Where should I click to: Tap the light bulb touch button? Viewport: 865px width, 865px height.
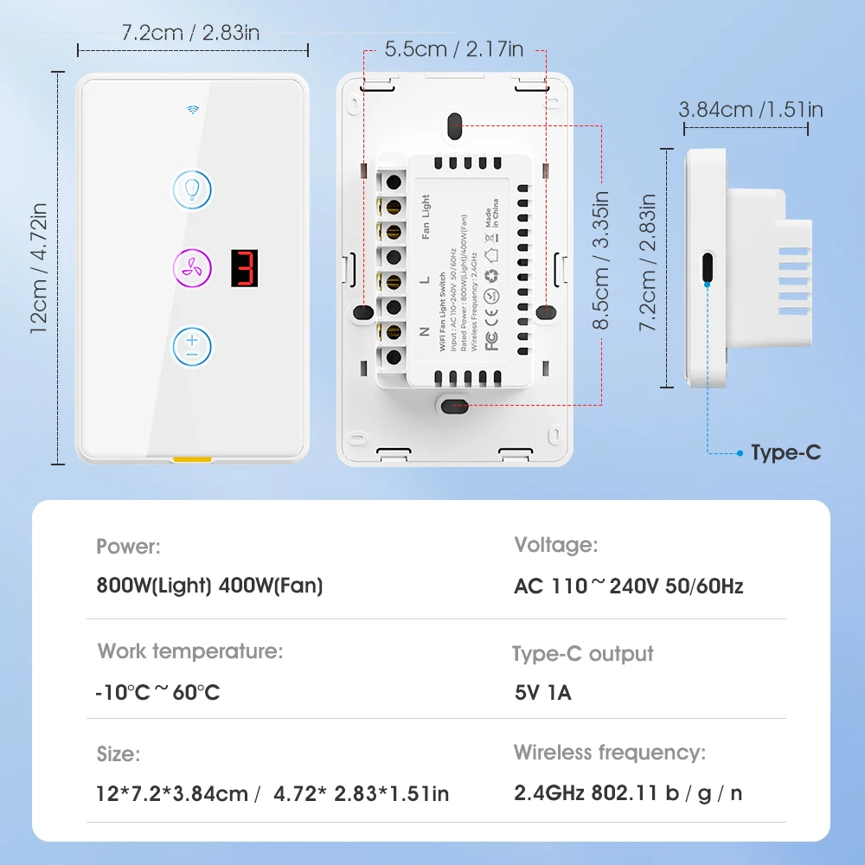pyautogui.click(x=192, y=189)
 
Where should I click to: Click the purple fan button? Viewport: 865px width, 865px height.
pyautogui.click(x=192, y=267)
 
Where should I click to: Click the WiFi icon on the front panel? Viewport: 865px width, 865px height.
pyautogui.click(x=192, y=110)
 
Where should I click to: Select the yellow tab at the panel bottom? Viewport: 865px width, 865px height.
pyautogui.click(x=192, y=460)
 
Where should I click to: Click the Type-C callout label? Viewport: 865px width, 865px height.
pyautogui.click(x=785, y=452)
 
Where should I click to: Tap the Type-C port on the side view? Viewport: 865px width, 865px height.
pyautogui.click(x=708, y=267)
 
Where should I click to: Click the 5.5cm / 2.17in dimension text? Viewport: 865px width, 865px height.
pyautogui.click(x=454, y=49)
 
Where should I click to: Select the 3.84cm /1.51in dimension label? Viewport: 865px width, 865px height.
pyautogui.click(x=750, y=109)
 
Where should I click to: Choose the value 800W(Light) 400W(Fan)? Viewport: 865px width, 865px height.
pyautogui.click(x=209, y=586)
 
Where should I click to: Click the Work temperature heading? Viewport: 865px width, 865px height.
pyautogui.click(x=190, y=650)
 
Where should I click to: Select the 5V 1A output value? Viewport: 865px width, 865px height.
pyautogui.click(x=542, y=693)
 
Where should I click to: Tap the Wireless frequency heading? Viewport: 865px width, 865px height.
pyautogui.click(x=610, y=752)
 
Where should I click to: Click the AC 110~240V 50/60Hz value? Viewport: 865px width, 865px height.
pyautogui.click(x=629, y=586)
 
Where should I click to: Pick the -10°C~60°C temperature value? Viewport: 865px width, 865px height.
pyautogui.click(x=157, y=693)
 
